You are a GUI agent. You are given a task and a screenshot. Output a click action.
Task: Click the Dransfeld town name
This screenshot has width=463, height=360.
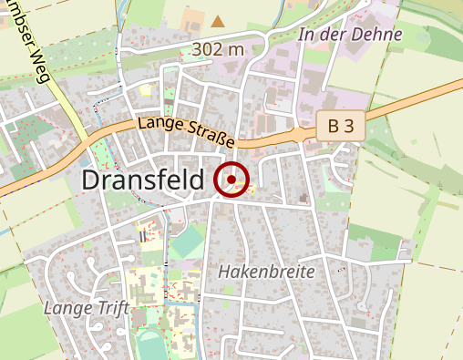click(x=143, y=180)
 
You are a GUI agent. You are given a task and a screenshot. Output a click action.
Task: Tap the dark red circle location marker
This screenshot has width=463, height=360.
click(x=232, y=180)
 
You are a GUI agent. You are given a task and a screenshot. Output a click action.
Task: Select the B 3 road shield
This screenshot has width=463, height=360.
click(x=341, y=127)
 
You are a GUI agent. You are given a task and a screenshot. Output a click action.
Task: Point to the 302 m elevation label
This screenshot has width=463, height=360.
click(x=218, y=48)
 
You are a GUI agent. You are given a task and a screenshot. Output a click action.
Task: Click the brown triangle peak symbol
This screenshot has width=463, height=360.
click(x=218, y=20)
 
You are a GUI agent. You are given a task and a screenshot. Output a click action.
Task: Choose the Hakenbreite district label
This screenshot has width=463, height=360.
click(x=265, y=272)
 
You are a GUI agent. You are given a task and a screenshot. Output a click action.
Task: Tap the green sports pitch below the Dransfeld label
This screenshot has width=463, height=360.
click(x=188, y=242)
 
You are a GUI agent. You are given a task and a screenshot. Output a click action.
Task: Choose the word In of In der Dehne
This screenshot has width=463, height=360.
click(x=307, y=35)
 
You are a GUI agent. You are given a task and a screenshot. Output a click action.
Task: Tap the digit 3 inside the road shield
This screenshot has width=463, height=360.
click(x=348, y=127)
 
